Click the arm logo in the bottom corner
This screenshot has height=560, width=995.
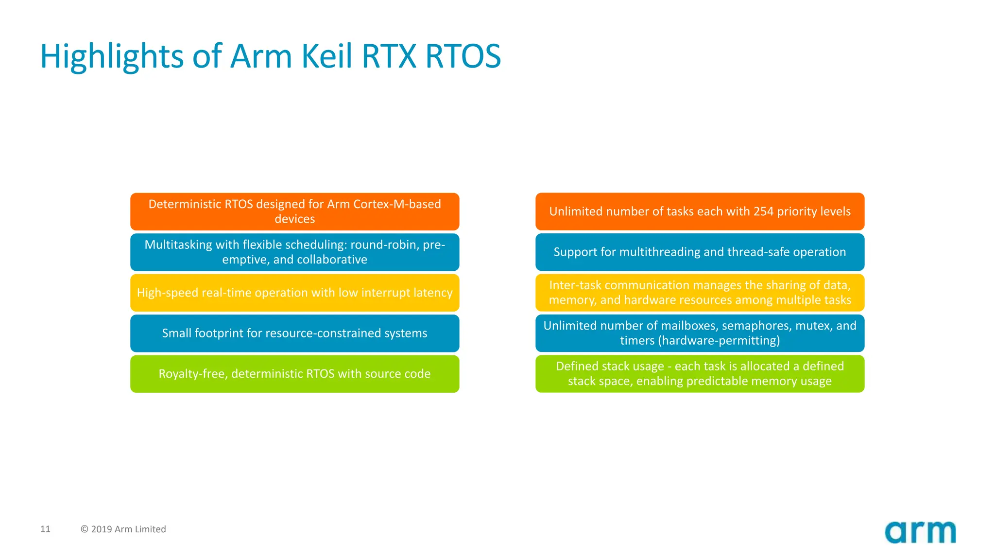pyautogui.click(x=920, y=532)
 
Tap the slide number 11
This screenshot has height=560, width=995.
pyautogui.click(x=45, y=529)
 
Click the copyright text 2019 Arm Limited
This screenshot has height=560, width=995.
pyautogui.click(x=123, y=529)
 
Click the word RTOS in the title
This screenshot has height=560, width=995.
pyautogui.click(x=463, y=56)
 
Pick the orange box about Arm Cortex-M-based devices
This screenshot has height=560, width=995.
pyautogui.click(x=294, y=211)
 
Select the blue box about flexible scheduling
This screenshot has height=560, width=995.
pyautogui.click(x=294, y=252)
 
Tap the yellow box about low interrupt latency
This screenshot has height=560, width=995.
pyautogui.click(x=294, y=293)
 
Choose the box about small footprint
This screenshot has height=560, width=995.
pyautogui.click(x=294, y=333)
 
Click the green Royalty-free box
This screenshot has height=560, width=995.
pyautogui.click(x=294, y=374)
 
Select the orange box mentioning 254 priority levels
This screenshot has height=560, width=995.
pyautogui.click(x=700, y=211)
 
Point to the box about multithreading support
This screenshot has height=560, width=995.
pyautogui.click(x=700, y=252)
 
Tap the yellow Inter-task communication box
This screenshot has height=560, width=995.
pyautogui.click(x=700, y=293)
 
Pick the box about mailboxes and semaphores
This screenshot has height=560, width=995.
pyautogui.click(x=700, y=333)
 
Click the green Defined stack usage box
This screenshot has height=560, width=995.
pyautogui.click(x=700, y=374)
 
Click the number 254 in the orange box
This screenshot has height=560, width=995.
pyautogui.click(x=763, y=211)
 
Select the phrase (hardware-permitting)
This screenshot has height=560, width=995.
pyautogui.click(x=719, y=340)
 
